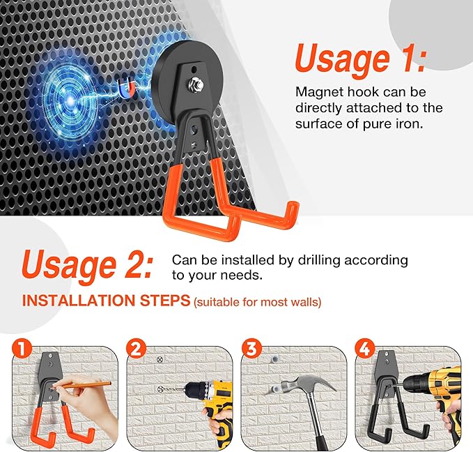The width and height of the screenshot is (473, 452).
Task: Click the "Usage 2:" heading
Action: [87, 264]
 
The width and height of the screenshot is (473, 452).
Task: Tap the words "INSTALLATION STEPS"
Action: [106, 301]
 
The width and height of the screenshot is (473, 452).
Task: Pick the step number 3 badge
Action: [249, 348]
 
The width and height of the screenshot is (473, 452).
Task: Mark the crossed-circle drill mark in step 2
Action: [160, 359]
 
